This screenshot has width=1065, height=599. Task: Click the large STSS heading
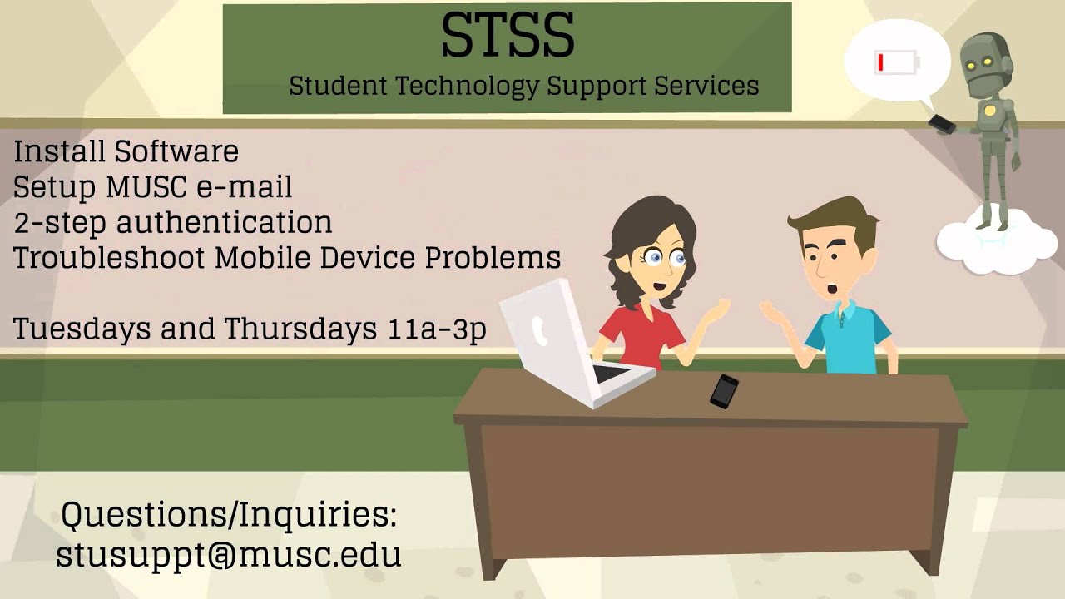pos(507,36)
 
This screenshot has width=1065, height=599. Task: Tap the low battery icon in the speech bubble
pos(896,62)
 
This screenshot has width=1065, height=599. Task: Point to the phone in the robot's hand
pos(942,123)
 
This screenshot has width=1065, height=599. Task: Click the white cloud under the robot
pos(985,244)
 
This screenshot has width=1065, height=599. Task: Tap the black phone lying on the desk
pos(724,390)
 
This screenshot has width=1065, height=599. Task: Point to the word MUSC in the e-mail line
pos(147,188)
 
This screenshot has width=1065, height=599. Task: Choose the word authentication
pos(224,223)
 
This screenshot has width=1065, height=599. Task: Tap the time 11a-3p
pos(437,329)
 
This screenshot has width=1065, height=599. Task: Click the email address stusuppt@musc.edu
pos(229,554)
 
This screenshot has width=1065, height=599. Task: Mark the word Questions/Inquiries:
pos(229,515)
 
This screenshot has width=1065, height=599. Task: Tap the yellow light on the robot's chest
pos(989,110)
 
